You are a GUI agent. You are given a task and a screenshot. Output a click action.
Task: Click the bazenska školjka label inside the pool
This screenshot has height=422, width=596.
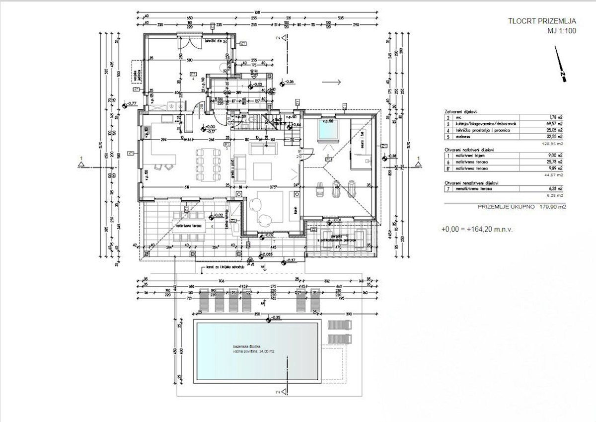tap(246, 346)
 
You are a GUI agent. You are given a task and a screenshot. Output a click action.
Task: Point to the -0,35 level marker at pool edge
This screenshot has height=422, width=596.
tap(274, 317)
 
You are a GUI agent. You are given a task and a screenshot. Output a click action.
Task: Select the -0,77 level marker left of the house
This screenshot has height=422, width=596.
tap(131, 103)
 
